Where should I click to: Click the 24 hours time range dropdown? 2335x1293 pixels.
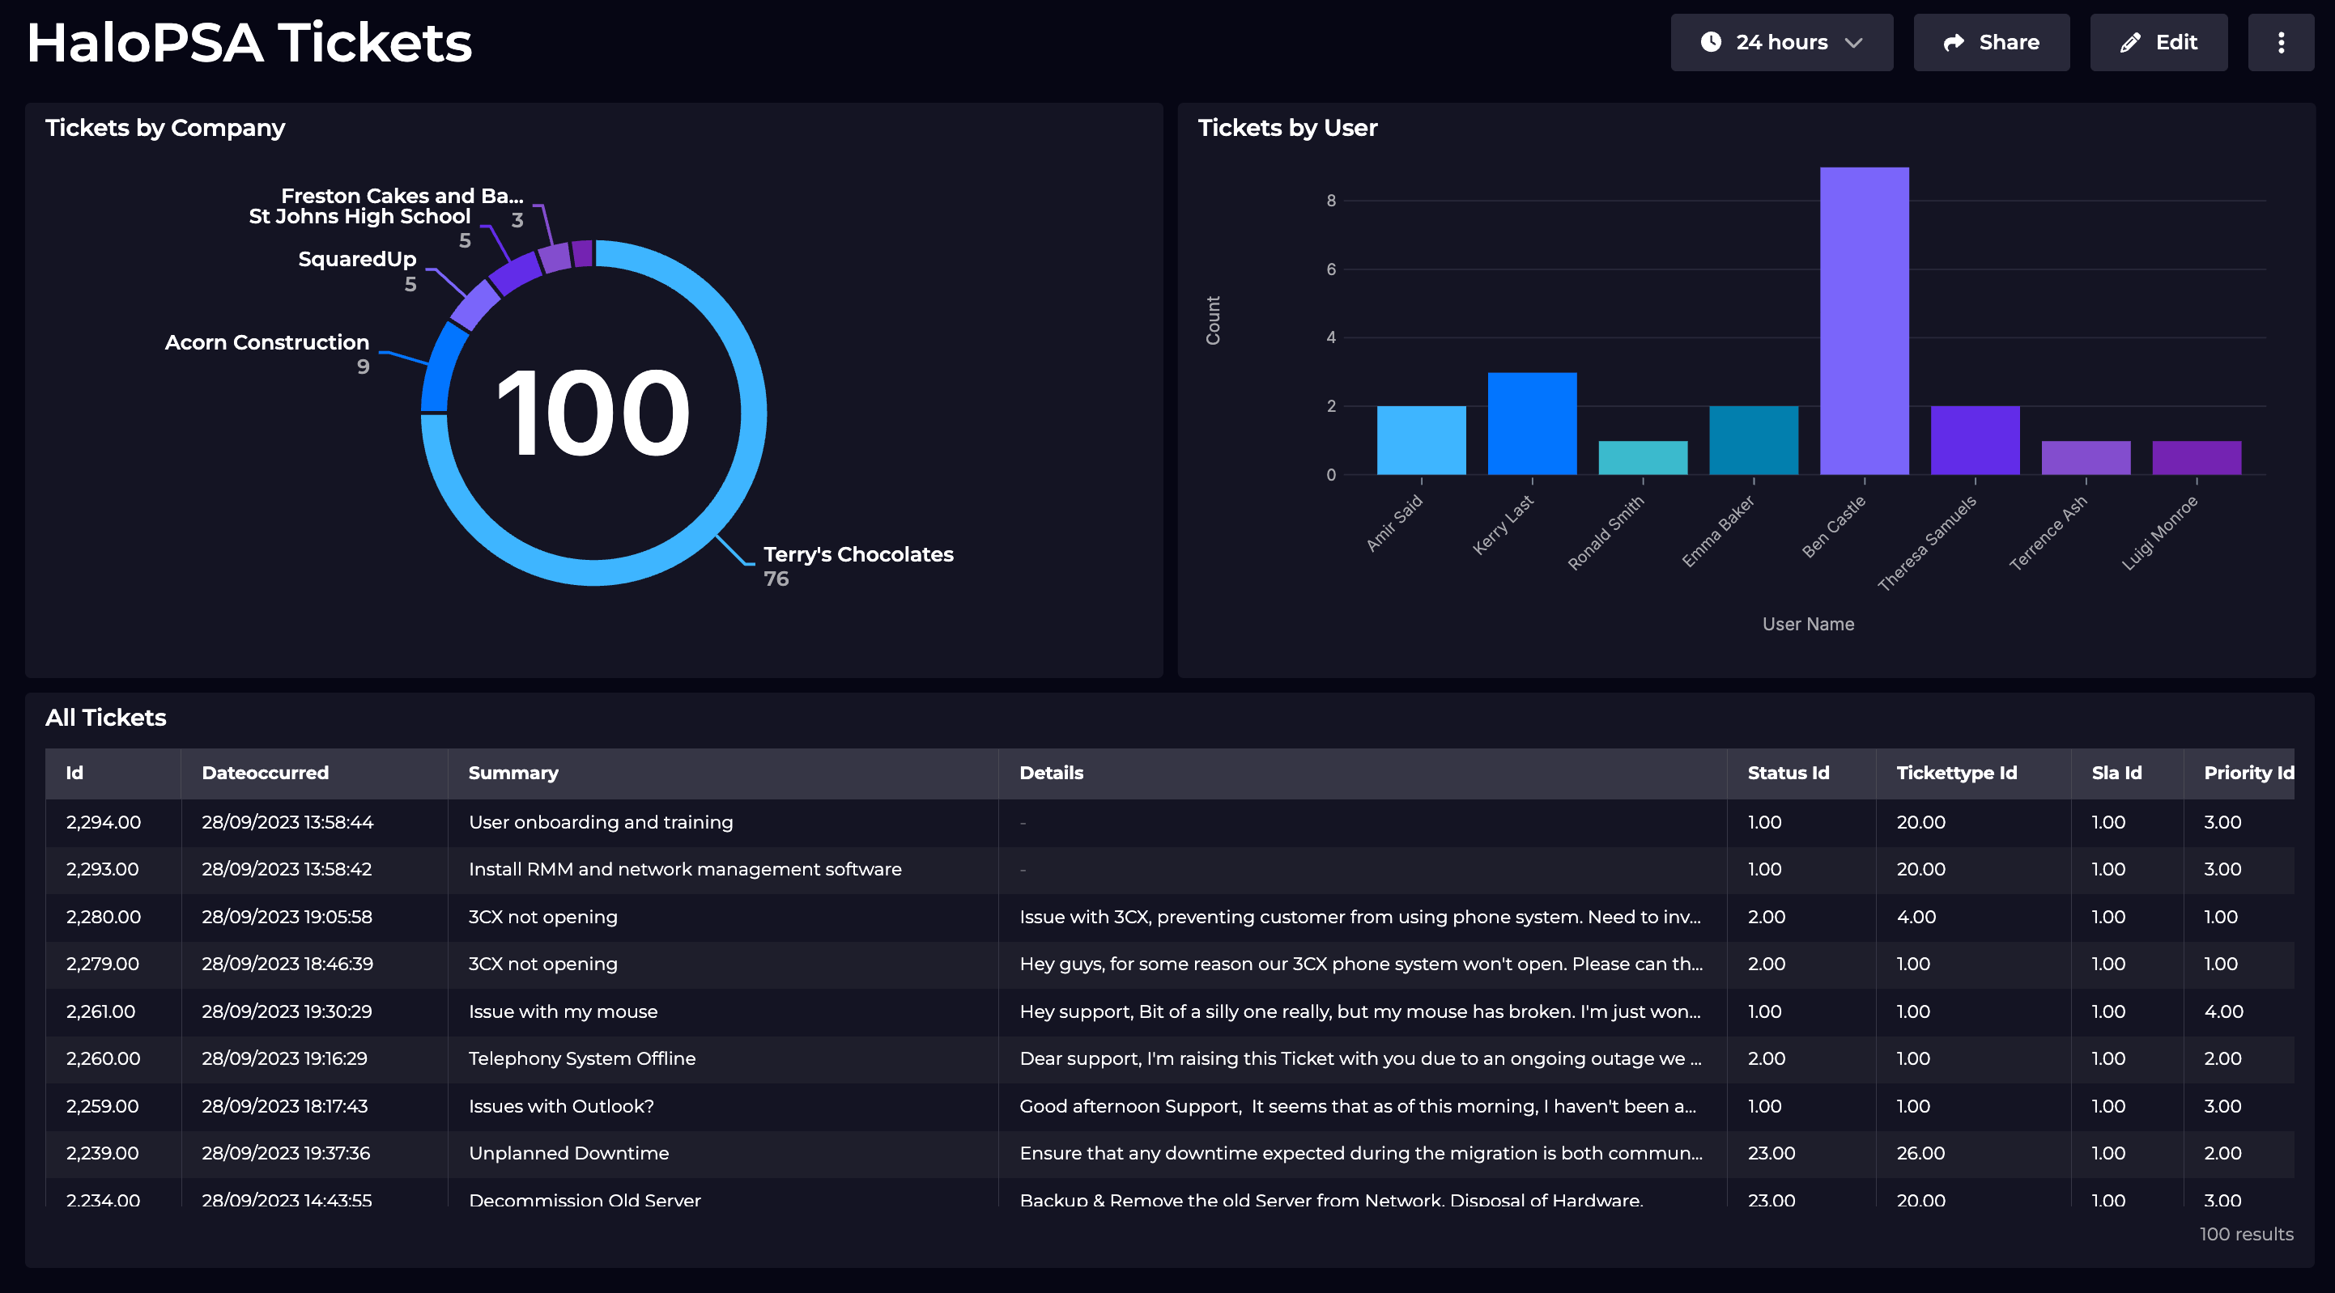[1781, 43]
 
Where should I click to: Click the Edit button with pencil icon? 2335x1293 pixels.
[2158, 43]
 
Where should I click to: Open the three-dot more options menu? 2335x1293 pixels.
[2281, 43]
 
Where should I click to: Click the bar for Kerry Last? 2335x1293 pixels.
[1532, 423]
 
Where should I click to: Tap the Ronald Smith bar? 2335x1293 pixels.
[1643, 458]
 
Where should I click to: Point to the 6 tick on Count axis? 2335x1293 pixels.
[1331, 269]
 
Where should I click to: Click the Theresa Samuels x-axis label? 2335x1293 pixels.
[1926, 543]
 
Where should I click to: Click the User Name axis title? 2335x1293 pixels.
[1807, 625]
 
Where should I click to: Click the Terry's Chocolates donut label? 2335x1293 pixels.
[857, 554]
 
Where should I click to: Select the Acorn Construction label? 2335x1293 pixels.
[266, 342]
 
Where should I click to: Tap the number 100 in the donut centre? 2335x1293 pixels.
[593, 413]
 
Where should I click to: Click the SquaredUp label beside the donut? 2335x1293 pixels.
[357, 259]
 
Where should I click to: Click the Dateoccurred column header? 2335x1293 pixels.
[265, 773]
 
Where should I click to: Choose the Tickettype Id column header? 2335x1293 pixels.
[1956, 773]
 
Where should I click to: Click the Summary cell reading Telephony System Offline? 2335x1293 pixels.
[582, 1058]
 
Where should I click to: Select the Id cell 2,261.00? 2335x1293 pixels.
[100, 1011]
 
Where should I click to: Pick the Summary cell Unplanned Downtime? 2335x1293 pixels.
[568, 1152]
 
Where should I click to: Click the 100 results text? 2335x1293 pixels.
[2245, 1234]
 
